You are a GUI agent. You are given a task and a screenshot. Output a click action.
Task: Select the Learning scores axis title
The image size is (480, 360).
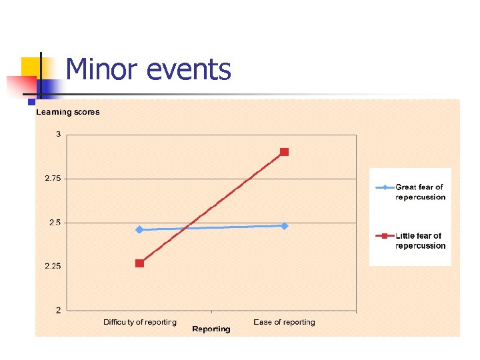tap(68, 112)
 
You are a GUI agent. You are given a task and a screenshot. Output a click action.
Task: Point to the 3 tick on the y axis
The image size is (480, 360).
tap(58, 135)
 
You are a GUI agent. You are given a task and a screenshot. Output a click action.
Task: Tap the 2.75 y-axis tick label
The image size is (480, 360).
tap(53, 179)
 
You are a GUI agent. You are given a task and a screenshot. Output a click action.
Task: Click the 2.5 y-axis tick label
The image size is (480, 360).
tap(55, 223)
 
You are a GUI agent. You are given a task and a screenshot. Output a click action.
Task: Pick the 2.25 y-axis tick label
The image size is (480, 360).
tap(53, 266)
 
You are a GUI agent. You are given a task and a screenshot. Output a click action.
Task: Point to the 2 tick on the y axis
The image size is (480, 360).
tap(58, 310)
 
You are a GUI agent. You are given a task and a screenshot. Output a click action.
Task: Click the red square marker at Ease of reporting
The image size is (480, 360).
tap(284, 152)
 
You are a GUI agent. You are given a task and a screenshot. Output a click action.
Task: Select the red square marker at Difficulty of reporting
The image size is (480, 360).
tap(139, 263)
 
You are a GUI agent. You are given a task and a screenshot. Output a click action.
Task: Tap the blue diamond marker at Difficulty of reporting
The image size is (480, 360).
tap(139, 229)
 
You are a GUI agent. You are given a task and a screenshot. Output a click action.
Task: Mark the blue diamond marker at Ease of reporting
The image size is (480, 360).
tap(284, 226)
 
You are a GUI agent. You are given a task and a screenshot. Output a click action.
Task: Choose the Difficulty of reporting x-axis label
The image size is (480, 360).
tap(140, 322)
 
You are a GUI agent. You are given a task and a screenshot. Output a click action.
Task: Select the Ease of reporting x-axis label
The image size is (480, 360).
tap(284, 322)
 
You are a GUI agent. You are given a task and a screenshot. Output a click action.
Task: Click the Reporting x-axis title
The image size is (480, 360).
tap(211, 329)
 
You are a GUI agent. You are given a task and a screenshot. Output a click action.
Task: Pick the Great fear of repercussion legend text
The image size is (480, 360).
tap(420, 192)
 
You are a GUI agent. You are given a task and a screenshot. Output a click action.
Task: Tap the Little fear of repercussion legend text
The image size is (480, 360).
tap(420, 241)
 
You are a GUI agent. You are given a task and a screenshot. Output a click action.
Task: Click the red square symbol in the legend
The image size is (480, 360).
tap(385, 236)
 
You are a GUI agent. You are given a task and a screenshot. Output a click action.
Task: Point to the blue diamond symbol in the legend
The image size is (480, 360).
tap(385, 187)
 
